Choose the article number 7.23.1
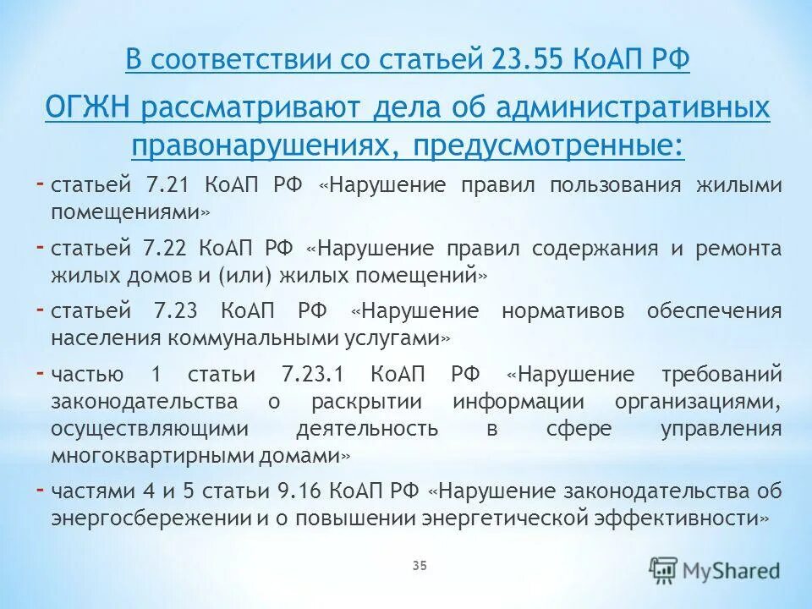316,374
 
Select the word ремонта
738,249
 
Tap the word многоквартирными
140,455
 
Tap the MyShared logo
716,570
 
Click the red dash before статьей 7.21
41,183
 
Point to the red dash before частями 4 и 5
41,488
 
